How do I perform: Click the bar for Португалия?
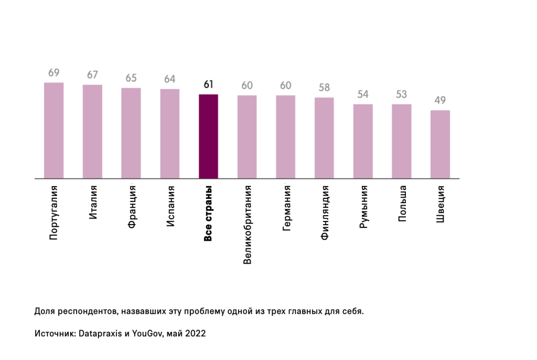coord(53,131)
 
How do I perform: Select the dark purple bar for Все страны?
coord(208,136)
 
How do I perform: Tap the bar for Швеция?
coord(440,144)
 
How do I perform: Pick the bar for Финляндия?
coord(324,138)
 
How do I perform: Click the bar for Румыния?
coord(363,141)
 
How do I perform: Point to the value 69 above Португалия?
coord(53,73)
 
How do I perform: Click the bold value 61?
coord(208,84)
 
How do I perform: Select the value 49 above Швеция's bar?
coord(440,101)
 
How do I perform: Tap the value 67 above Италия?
coord(92,75)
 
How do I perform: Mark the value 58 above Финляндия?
coord(324,88)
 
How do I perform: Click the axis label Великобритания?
coord(248,224)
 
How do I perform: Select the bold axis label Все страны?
coord(208,214)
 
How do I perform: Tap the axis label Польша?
coord(402,203)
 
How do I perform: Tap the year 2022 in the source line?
coord(195,333)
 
